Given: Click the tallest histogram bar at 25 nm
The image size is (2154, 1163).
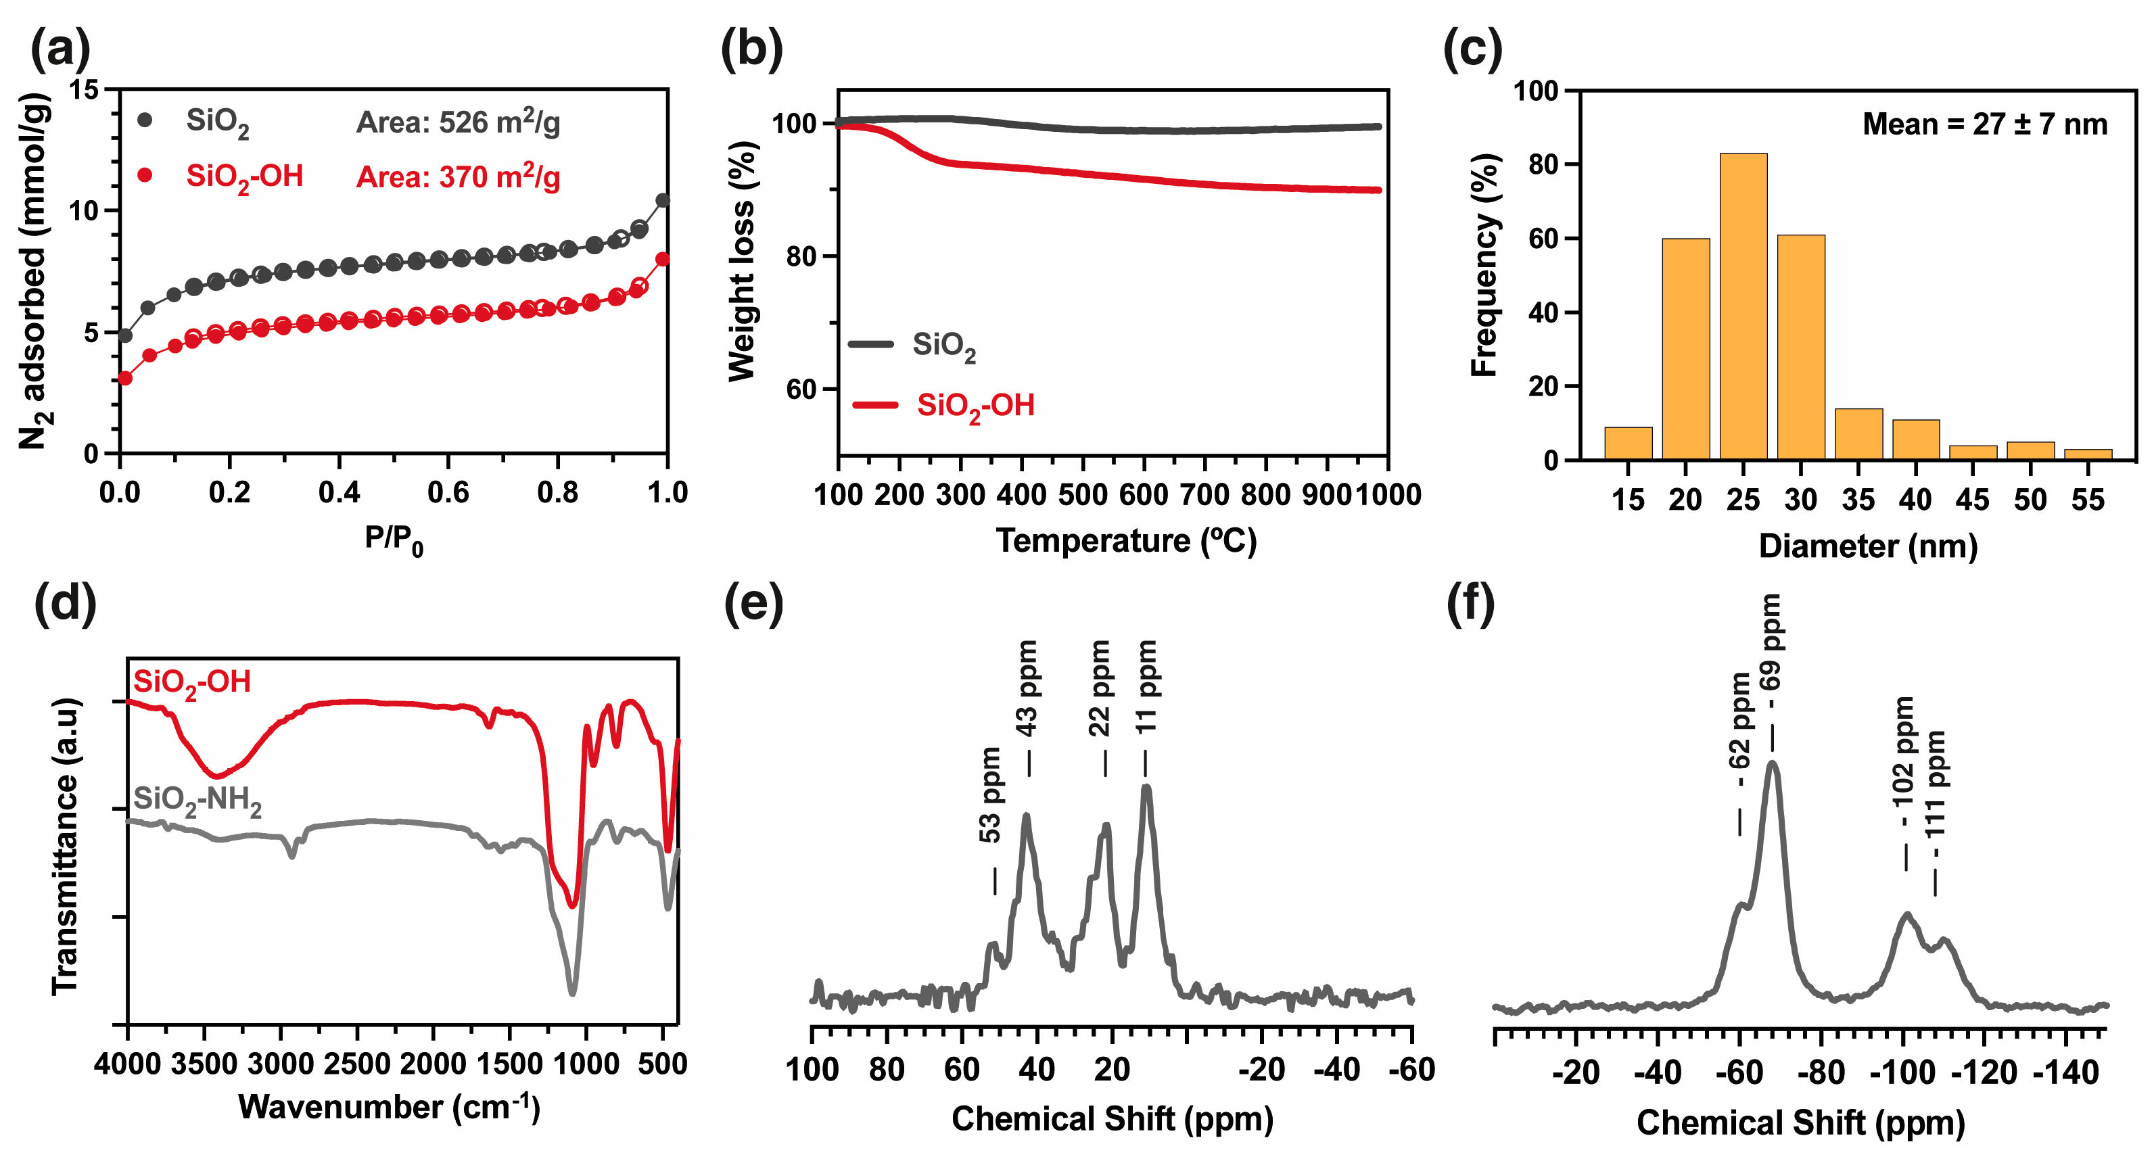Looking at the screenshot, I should click(x=1743, y=306).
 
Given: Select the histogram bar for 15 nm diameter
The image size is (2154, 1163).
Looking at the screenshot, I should click(x=1627, y=443).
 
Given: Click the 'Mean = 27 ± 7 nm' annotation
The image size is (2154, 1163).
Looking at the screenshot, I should click(x=1984, y=124).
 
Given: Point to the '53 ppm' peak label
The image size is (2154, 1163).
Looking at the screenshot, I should click(x=990, y=795).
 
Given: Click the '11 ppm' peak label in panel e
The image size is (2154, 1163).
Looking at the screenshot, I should click(x=1146, y=687).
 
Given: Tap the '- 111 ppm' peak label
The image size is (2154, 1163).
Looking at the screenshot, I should click(x=1935, y=784).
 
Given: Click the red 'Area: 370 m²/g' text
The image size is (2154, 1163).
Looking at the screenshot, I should click(x=459, y=176).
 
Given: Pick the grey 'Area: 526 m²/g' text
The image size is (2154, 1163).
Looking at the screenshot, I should click(x=459, y=123).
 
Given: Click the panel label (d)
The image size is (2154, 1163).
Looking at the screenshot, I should click(x=64, y=604).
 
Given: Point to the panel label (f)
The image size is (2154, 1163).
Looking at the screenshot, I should click(x=1471, y=604).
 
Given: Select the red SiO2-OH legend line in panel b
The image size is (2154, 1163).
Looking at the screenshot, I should click(x=874, y=406).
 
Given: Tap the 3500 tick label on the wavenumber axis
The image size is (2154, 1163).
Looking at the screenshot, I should click(x=206, y=1065).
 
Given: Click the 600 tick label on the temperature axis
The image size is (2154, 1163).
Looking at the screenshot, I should click(x=1143, y=495).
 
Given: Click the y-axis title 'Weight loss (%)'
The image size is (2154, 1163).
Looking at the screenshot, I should click(x=743, y=261).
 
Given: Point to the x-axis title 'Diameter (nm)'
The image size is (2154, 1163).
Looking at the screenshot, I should click(x=1868, y=547).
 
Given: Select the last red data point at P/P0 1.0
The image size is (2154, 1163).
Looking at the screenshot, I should click(x=662, y=259).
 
